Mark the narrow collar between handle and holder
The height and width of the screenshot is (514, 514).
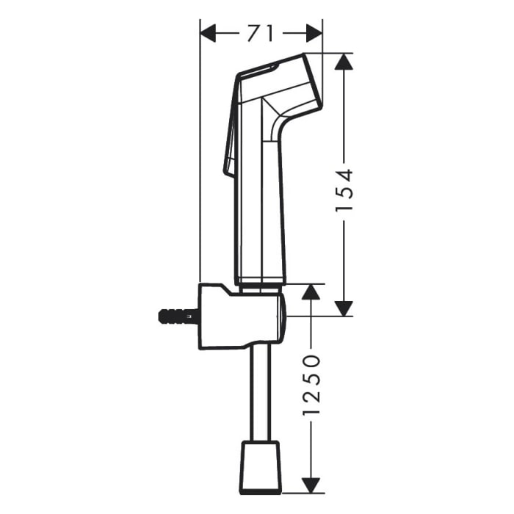[x=259, y=281]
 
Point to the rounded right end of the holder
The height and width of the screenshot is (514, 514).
[x=282, y=316]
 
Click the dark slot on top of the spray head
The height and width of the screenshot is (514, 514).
[x=258, y=70]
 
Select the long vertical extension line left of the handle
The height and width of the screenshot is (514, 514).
[x=200, y=162]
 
